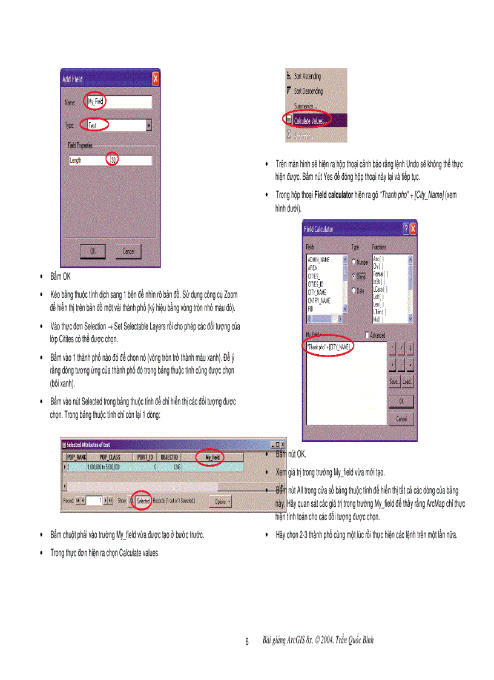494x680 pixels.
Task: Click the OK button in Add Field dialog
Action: click(93, 251)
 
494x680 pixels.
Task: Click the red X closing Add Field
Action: click(156, 79)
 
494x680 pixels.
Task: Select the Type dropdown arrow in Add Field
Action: click(149, 125)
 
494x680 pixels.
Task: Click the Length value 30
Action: click(113, 160)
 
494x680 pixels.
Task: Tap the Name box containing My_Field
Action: click(118, 102)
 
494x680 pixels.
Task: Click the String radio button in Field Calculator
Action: click(354, 276)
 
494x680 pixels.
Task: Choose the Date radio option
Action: click(354, 290)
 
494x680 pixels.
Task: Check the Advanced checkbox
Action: click(367, 335)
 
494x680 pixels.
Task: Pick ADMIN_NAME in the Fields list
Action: click(318, 259)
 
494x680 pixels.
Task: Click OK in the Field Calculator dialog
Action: click(401, 401)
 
